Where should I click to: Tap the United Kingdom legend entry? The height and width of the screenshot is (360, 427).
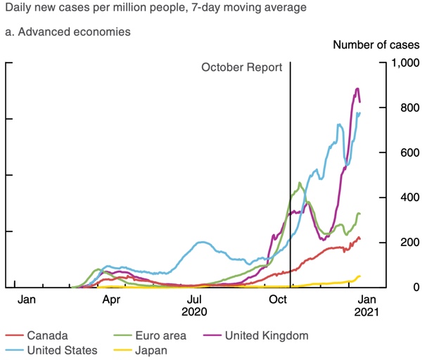[x=265, y=335]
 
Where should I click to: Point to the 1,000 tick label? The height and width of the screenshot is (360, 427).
[x=406, y=63]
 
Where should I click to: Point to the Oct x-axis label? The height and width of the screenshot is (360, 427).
[x=280, y=299]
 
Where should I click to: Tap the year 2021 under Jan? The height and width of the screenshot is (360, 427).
[x=366, y=311]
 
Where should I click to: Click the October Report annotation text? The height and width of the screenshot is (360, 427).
[x=241, y=67]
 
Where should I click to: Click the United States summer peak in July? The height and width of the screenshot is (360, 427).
[x=202, y=243]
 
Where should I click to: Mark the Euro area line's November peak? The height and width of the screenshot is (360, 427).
[x=300, y=184]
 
